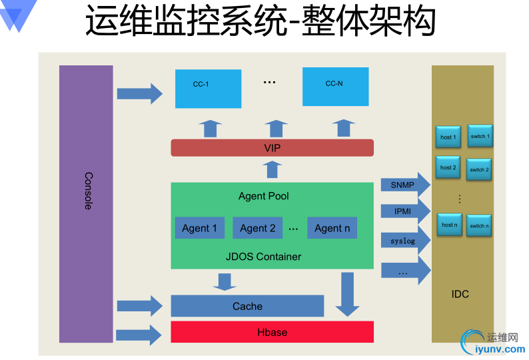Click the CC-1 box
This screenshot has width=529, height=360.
click(x=208, y=87)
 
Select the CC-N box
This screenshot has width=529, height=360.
click(x=335, y=86)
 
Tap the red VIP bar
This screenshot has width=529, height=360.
click(x=272, y=147)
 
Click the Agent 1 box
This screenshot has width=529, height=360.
click(x=199, y=228)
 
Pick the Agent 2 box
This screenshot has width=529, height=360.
click(x=257, y=228)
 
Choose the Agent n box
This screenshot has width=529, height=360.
click(x=332, y=228)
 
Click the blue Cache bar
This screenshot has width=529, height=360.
click(x=247, y=306)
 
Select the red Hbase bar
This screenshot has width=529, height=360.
click(x=272, y=331)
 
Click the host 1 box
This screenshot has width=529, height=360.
click(x=448, y=137)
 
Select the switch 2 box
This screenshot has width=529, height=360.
click(x=479, y=169)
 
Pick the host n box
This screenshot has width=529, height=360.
click(x=450, y=225)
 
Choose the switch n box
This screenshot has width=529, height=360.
click(x=479, y=225)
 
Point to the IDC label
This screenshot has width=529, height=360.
click(x=460, y=293)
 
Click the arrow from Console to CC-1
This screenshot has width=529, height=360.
click(x=139, y=93)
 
